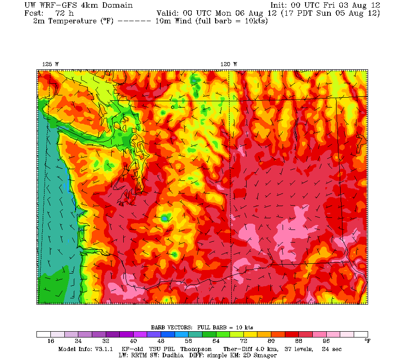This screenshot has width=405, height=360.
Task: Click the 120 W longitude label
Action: point(229,64)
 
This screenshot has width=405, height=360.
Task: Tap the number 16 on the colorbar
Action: point(50,341)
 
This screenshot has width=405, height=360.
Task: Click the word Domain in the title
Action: point(118,5)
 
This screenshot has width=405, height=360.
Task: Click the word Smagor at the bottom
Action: point(265,355)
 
